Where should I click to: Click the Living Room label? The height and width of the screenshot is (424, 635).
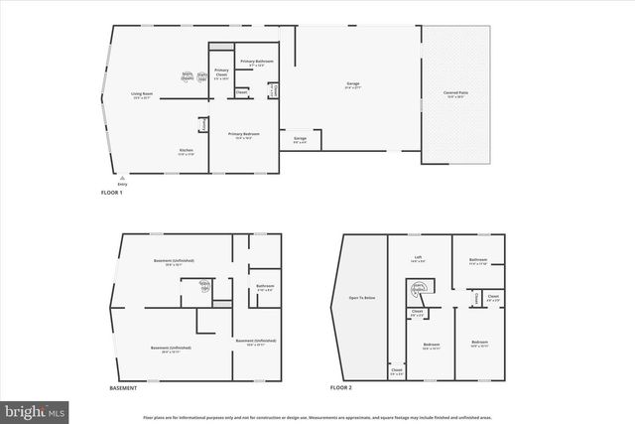(141, 96)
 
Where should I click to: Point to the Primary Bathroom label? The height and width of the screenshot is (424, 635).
(257, 64)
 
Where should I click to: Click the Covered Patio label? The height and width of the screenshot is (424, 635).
(457, 95)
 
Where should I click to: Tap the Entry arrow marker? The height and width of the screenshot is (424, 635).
(123, 178)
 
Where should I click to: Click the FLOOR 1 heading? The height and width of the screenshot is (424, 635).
(112, 192)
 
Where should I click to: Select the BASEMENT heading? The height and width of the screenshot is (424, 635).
(123, 388)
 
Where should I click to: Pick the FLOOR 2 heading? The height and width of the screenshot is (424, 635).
(343, 388)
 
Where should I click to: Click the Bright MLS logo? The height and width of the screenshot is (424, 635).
(35, 408)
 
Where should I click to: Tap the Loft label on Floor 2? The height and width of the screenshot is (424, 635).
(419, 258)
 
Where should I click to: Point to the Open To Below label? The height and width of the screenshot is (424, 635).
(361, 298)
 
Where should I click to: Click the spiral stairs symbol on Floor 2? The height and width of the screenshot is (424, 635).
(419, 288)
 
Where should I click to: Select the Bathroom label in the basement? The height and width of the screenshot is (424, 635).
(265, 288)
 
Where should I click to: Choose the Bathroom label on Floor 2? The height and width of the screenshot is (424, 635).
(478, 261)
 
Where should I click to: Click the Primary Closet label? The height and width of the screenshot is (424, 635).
(221, 71)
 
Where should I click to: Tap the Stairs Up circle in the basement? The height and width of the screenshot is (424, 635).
(205, 288)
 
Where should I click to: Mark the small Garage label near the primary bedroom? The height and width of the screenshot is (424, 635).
(300, 139)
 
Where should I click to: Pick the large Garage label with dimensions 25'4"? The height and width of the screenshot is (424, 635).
(352, 86)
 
